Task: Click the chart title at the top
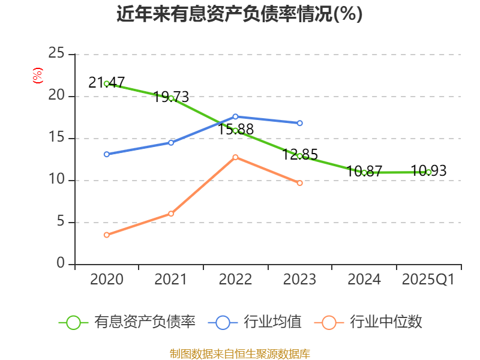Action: [x=239, y=14]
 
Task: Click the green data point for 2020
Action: [x=106, y=83]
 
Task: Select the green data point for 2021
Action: [x=171, y=98]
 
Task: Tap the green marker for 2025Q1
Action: [x=428, y=172]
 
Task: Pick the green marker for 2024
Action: [x=364, y=172]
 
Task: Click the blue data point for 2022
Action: [x=235, y=116]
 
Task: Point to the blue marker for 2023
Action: [x=300, y=123]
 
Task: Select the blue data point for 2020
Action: [x=106, y=154]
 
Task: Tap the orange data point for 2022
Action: [x=235, y=157]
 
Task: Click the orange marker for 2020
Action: [x=106, y=235]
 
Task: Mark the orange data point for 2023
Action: [x=300, y=183]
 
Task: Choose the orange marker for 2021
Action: [x=171, y=214]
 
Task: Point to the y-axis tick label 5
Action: [x=61, y=222]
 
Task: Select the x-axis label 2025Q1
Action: [x=428, y=280]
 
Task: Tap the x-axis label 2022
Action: [x=235, y=280]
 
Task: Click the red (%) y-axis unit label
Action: [x=37, y=76]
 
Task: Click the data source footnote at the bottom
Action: [x=239, y=353]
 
